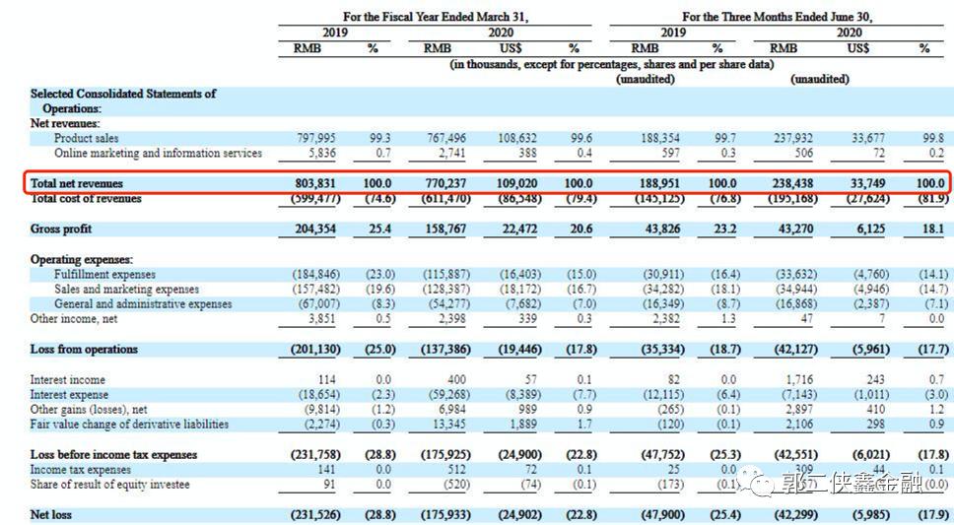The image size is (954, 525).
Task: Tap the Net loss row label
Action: [51, 514]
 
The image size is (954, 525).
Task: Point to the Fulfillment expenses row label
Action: [104, 275]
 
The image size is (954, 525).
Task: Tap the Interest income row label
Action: [68, 379]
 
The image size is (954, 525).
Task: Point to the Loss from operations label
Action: [84, 350]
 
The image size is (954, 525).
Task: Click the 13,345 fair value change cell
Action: [450, 425]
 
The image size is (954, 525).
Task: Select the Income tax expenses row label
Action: [81, 470]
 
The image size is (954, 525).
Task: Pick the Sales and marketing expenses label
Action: [126, 290]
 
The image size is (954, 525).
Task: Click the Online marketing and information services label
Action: [158, 154]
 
